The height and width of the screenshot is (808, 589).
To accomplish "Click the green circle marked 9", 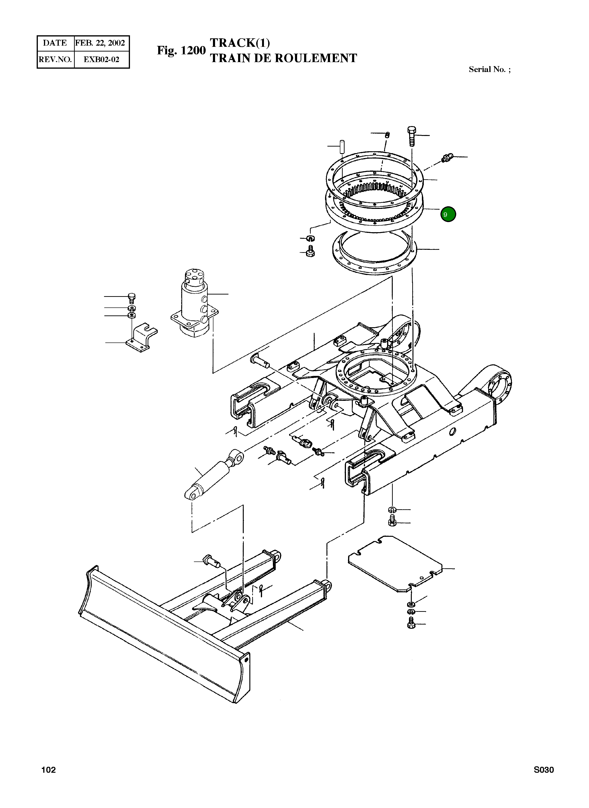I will [448, 214].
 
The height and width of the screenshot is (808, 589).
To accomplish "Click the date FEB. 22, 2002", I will [100, 43].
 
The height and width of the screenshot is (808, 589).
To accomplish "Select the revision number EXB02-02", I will [101, 59].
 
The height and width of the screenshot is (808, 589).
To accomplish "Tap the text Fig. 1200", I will [181, 50].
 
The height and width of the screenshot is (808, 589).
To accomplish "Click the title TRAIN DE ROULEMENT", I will [283, 58].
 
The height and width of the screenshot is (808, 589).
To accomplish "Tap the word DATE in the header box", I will [55, 43].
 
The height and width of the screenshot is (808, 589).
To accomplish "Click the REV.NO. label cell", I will [55, 59].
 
